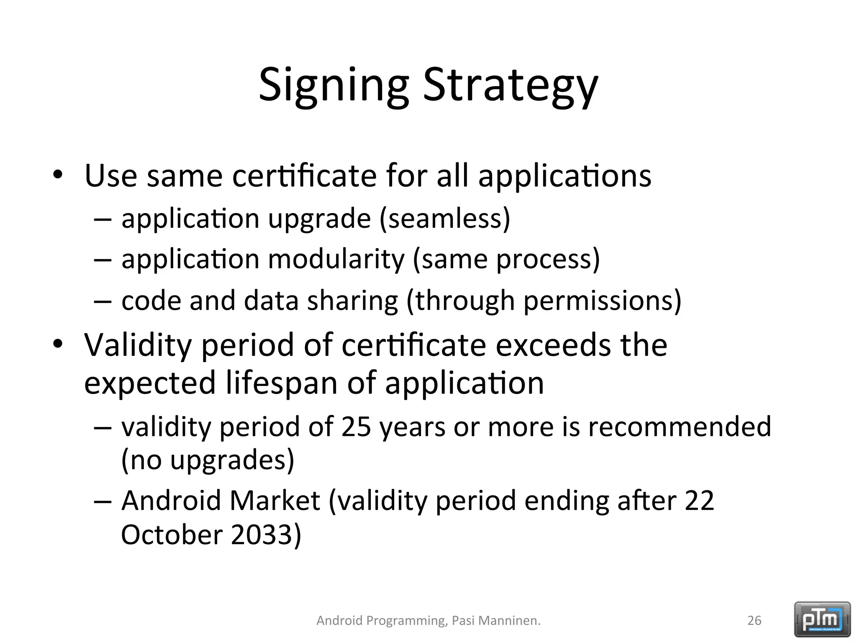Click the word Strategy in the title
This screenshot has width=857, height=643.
511,86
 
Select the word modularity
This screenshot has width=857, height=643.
336,259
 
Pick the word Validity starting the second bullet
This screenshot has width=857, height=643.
138,345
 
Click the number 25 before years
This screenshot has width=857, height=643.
356,427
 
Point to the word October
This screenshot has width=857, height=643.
172,535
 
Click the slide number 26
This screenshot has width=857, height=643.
754,620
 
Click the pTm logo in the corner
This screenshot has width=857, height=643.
822,619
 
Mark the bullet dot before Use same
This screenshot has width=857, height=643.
57,175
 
